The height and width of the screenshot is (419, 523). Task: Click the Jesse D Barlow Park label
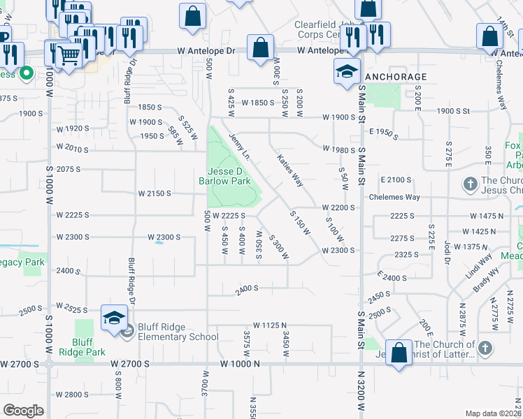[229, 176]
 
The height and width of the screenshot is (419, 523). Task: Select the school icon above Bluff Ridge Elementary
[114, 318]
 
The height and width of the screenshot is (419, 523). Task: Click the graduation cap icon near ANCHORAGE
[346, 71]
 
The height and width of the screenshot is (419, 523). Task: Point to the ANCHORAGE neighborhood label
[396, 76]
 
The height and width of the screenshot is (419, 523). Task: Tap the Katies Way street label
[289, 171]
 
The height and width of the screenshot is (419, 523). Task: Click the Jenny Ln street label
[239, 147]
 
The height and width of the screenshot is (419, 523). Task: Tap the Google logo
[23, 411]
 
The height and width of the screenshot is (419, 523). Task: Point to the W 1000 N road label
[239, 364]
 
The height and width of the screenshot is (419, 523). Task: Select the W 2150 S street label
[155, 193]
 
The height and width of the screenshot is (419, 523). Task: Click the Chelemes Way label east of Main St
[401, 197]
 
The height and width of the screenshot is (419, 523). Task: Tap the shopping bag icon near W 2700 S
[399, 353]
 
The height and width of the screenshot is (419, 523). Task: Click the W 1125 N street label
[271, 325]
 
